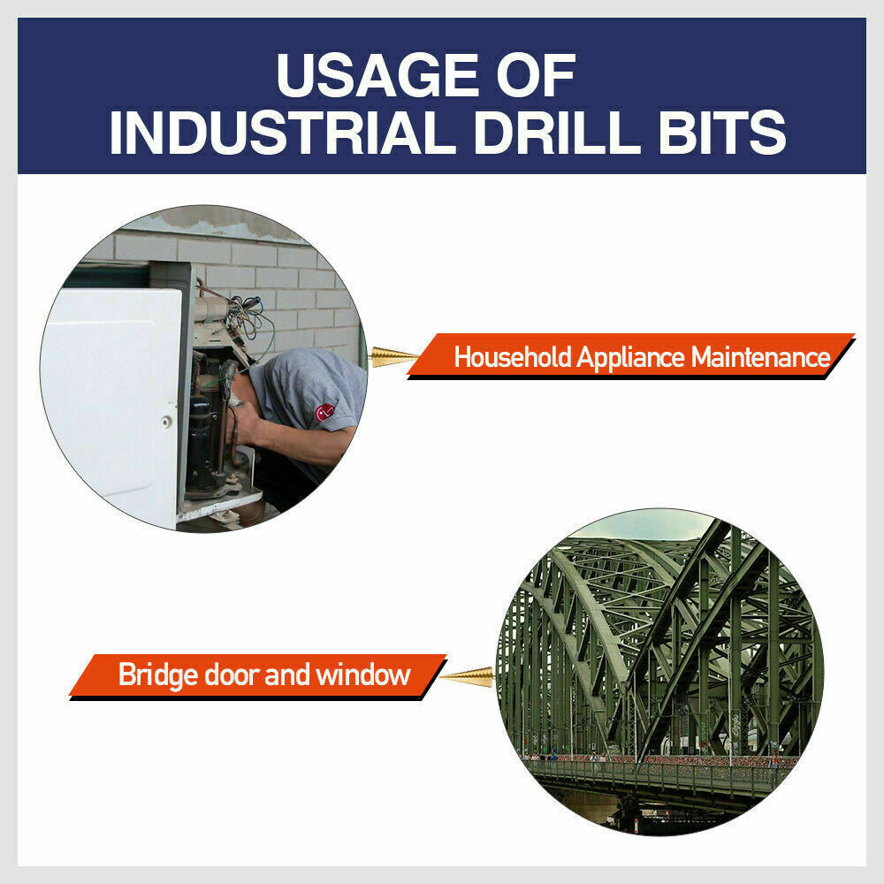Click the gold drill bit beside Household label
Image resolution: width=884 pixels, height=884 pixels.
(x=392, y=356)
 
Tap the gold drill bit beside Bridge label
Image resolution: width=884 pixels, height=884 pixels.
(x=466, y=676)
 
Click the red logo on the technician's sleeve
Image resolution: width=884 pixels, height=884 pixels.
(x=325, y=412)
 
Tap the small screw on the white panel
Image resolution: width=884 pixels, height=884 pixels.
(x=165, y=423)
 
